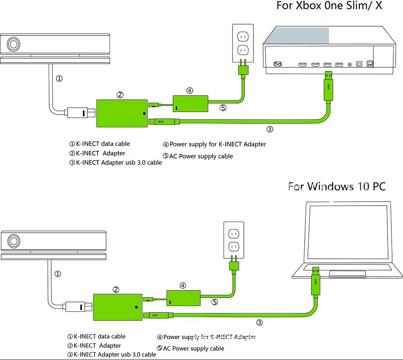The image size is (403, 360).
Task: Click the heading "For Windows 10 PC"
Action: pos(337,186)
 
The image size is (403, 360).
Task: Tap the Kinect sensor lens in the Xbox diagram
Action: pos(14,44)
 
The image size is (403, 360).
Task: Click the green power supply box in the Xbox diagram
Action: pos(190,103)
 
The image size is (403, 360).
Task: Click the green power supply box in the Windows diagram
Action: pos(184,298)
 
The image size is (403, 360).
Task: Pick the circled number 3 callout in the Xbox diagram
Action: pos(270,129)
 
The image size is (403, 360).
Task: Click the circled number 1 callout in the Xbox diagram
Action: pos(59,79)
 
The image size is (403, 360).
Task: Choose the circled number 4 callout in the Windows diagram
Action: pos(183,285)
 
